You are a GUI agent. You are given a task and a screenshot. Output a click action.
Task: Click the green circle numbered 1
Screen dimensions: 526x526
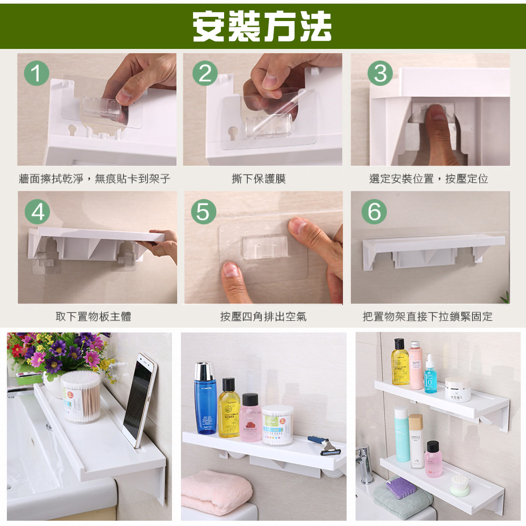click(x=37, y=73)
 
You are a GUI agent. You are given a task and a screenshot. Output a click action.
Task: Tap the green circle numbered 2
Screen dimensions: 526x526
click(x=205, y=73)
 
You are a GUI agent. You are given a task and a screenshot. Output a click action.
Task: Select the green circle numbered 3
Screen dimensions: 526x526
click(x=380, y=73)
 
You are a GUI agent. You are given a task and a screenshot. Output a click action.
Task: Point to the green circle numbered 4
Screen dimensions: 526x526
click(x=37, y=211)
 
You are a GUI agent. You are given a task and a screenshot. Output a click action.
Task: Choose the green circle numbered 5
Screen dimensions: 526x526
click(x=204, y=211)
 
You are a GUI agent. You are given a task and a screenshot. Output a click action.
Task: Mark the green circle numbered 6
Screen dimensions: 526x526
click(x=374, y=211)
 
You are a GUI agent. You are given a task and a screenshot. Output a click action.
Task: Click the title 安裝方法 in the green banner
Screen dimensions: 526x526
click(x=262, y=26)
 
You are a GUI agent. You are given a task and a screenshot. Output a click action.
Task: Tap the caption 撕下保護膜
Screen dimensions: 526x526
click(x=259, y=178)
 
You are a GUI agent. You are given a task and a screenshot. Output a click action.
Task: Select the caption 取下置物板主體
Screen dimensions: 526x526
click(x=93, y=316)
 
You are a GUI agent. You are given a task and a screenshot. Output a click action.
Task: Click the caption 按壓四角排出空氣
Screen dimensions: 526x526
click(x=264, y=316)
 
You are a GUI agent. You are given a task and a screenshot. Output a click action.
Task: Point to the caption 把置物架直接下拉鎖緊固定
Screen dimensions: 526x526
click(x=428, y=316)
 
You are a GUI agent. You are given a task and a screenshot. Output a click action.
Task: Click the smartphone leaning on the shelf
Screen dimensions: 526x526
click(x=140, y=400)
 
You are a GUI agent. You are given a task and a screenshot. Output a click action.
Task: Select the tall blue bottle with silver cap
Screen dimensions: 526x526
click(x=205, y=398)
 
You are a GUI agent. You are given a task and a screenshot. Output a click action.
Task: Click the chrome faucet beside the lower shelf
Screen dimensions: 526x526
click(x=365, y=464)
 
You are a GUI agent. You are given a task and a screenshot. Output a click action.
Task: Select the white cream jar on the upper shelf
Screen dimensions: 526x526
click(x=458, y=389)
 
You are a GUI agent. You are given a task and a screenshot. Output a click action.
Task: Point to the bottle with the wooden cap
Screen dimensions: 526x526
click(x=416, y=441)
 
